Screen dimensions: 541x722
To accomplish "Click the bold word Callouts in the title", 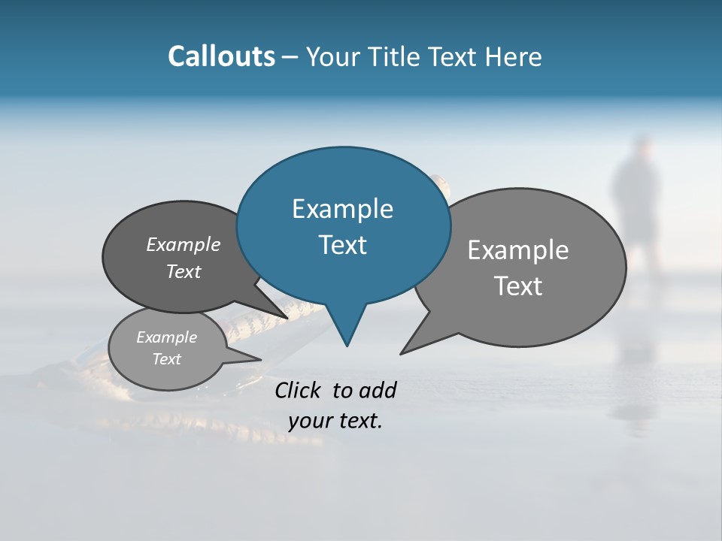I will click(x=221, y=56).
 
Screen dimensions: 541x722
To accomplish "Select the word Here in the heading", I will click(x=514, y=56).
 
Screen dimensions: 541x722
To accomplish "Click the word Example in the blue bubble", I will click(x=342, y=209).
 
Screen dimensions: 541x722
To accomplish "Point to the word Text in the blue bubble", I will click(x=342, y=245).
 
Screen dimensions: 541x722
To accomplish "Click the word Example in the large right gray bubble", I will click(x=518, y=250).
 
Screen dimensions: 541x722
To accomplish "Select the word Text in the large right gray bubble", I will click(x=518, y=286).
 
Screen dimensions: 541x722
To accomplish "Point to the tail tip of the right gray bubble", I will click(x=404, y=351).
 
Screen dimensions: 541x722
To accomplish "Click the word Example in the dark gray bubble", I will click(x=184, y=244).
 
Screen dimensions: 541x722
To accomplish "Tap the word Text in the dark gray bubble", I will click(x=184, y=271).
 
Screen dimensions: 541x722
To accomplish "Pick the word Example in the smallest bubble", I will click(x=166, y=337).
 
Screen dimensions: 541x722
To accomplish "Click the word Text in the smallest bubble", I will click(x=166, y=359).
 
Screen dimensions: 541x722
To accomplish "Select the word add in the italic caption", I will click(x=377, y=390).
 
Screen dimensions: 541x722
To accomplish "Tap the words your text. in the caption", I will click(x=335, y=422).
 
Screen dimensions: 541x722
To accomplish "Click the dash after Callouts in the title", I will click(x=290, y=56).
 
